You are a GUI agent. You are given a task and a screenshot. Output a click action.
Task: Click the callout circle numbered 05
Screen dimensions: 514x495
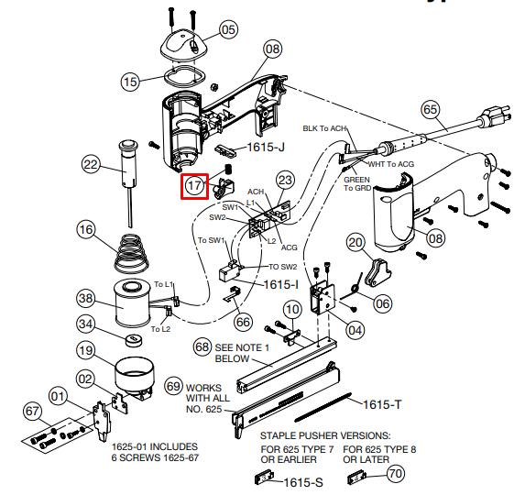pyautogui.click(x=228, y=29)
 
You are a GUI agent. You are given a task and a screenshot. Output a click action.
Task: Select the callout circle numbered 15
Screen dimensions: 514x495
pyautogui.click(x=130, y=82)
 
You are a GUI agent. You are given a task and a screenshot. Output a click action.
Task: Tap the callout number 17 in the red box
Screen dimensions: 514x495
pyautogui.click(x=194, y=186)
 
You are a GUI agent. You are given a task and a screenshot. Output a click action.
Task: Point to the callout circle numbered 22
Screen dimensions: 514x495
pyautogui.click(x=91, y=164)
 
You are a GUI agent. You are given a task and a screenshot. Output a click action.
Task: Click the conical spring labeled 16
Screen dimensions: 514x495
pyautogui.click(x=131, y=253)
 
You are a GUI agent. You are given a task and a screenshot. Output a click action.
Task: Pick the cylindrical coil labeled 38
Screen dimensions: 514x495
pyautogui.click(x=133, y=303)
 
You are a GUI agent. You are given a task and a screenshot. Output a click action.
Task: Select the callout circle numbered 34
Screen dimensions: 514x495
pyautogui.click(x=86, y=324)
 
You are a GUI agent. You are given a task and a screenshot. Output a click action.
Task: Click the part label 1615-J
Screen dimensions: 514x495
pyautogui.click(x=266, y=147)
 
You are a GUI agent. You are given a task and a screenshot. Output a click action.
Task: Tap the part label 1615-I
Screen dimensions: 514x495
pyautogui.click(x=281, y=284)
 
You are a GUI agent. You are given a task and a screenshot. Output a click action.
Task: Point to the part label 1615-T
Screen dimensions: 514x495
pyautogui.click(x=382, y=404)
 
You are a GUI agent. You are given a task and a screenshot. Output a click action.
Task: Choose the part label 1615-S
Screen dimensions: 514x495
pyautogui.click(x=303, y=482)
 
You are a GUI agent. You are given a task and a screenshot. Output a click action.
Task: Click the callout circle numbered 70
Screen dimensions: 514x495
pyautogui.click(x=396, y=473)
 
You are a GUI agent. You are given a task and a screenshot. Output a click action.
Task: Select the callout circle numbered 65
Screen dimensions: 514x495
pyautogui.click(x=431, y=109)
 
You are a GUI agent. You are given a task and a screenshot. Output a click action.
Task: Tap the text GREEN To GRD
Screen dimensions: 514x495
pyautogui.click(x=357, y=183)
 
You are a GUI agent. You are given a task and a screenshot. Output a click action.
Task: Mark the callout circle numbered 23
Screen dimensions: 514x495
pyautogui.click(x=285, y=180)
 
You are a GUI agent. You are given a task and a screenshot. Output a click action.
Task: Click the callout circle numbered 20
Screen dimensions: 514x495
pyautogui.click(x=355, y=242)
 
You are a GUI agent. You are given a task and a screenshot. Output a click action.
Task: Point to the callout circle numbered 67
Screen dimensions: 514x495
pyautogui.click(x=32, y=411)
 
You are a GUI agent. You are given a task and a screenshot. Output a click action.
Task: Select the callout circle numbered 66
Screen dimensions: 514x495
pyautogui.click(x=243, y=322)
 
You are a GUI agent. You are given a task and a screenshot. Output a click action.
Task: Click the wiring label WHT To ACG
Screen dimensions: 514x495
pyautogui.click(x=391, y=164)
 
